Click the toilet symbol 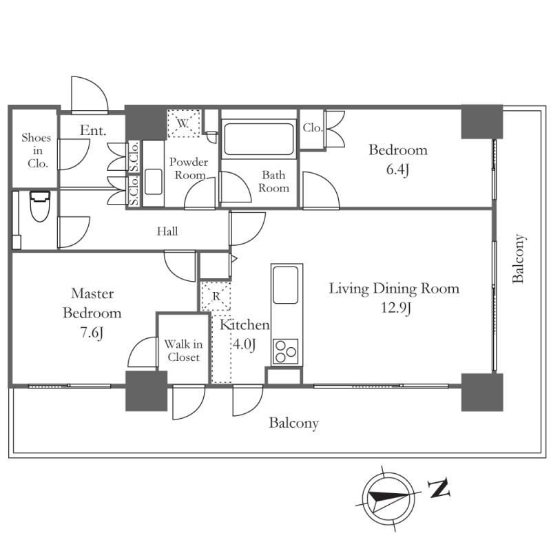(x=41, y=205)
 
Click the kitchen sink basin (x=285, y=282)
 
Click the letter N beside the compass (x=439, y=489)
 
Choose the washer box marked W (x=183, y=124)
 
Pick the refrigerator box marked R (x=215, y=297)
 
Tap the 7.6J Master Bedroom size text (x=92, y=333)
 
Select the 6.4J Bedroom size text (x=398, y=169)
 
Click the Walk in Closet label (x=183, y=351)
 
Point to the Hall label (x=167, y=231)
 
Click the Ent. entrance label (x=92, y=130)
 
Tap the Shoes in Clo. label (x=36, y=151)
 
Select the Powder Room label (x=189, y=169)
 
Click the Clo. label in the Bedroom (x=312, y=127)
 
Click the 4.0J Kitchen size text (x=245, y=344)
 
